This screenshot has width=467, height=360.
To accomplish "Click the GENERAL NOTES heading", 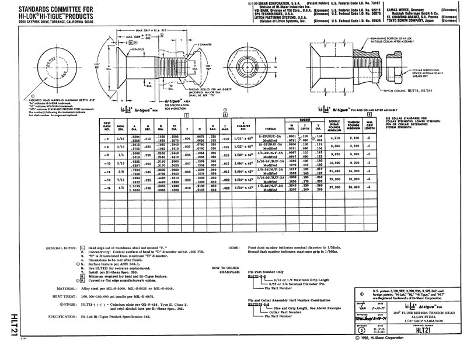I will (x=61, y=248).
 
